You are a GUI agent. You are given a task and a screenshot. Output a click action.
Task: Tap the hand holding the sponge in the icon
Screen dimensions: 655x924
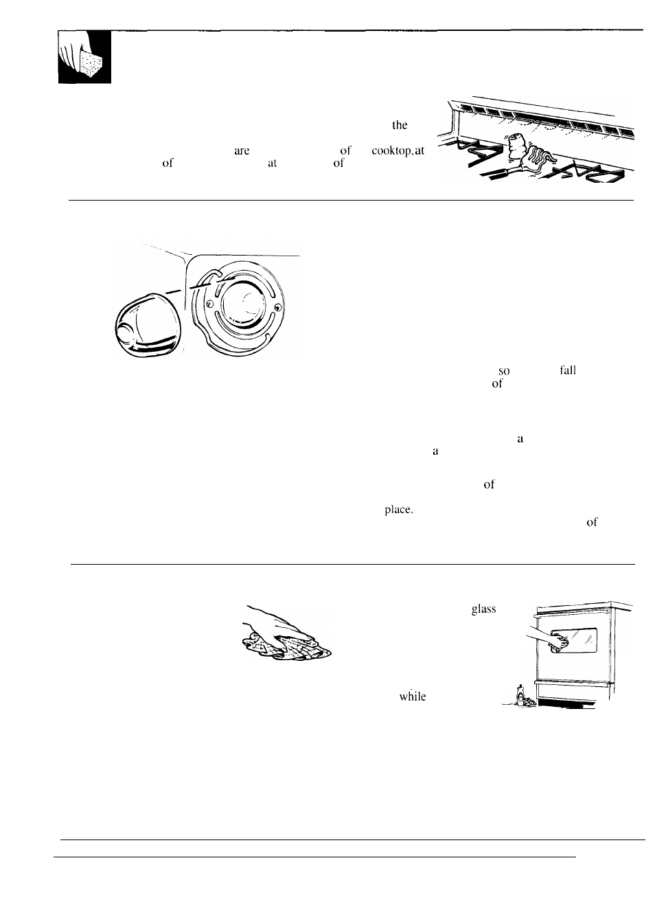[x=73, y=54]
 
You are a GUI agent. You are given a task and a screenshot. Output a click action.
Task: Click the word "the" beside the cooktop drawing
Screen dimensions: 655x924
[x=400, y=125]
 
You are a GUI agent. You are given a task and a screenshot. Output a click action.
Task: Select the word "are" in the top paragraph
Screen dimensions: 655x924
[x=242, y=151]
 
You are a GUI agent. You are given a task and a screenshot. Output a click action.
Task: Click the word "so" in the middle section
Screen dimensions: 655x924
[x=504, y=371]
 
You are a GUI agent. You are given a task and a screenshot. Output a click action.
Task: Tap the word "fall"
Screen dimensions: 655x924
[x=567, y=370]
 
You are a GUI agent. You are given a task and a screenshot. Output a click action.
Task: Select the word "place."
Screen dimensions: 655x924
[x=398, y=510]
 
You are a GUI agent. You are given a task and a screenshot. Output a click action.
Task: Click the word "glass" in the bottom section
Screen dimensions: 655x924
[x=483, y=609]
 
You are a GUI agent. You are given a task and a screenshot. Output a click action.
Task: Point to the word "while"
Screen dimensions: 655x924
[x=413, y=696]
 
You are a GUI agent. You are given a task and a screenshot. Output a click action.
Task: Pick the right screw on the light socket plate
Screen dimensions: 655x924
[x=275, y=306]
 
